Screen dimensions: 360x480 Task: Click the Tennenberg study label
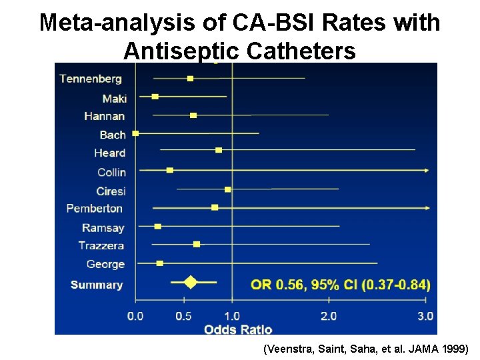91,79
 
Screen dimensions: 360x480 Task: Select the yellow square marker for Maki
155,97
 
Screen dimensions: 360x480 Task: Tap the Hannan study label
104,116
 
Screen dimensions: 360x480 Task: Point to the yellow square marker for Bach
136,133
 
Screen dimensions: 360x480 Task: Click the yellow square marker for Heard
219,150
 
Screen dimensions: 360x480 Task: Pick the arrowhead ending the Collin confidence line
426,171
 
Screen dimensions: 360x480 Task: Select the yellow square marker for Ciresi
228,189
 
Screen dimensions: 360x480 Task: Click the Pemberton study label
95,209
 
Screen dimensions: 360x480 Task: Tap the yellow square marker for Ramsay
158,226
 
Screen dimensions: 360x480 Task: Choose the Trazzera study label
101,246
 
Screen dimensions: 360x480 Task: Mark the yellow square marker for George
160,263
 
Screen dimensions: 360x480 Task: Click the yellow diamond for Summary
191,282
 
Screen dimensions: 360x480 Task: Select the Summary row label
97,285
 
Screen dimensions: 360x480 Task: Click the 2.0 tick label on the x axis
329,316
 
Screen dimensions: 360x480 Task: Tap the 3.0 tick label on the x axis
425,316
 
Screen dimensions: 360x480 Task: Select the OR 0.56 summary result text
340,285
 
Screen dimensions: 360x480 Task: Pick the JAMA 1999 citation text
367,349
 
